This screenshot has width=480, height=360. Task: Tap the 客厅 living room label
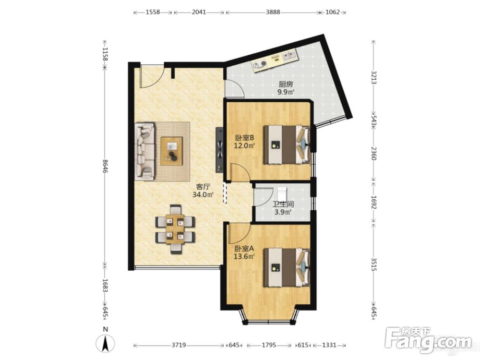[203, 187]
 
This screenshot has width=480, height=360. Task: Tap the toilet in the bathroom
[282, 193]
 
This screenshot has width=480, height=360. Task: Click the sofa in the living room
[145, 151]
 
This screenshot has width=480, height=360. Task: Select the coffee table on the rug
[172, 151]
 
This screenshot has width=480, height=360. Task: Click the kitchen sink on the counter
[289, 56]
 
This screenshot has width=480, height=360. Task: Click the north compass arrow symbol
[105, 342]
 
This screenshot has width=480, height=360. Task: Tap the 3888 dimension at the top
[273, 12]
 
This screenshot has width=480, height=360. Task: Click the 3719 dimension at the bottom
[179, 345]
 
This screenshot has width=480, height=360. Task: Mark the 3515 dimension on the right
[373, 264]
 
